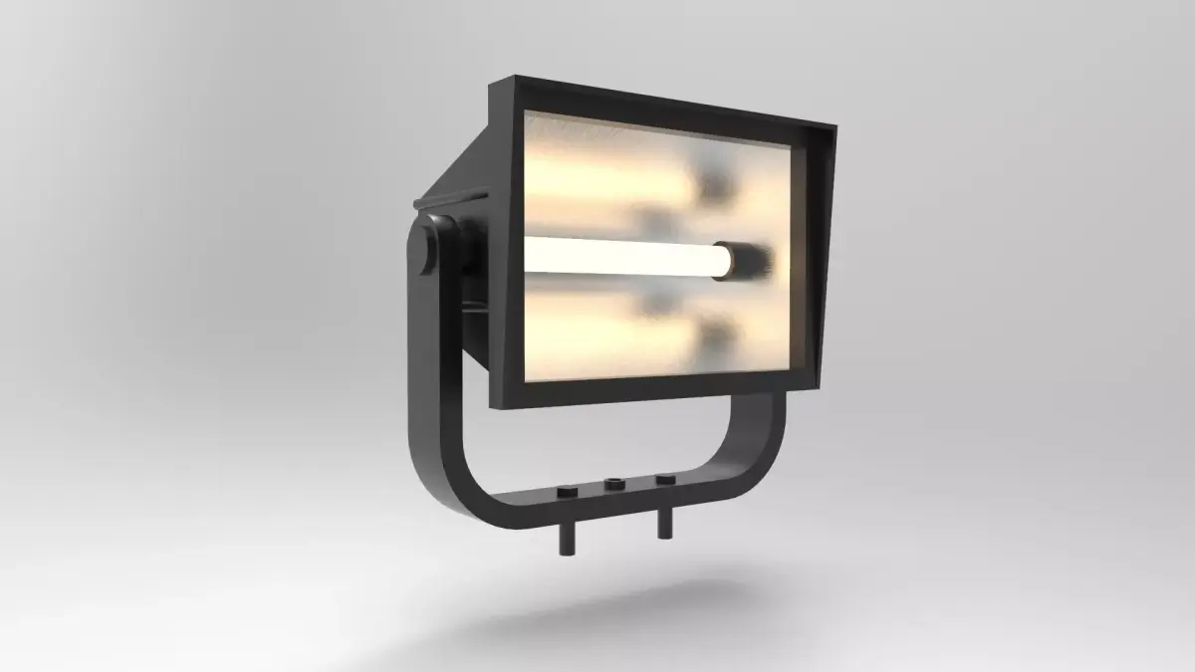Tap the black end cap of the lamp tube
(x=748, y=259)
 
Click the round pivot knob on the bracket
(x=431, y=250)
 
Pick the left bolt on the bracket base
(x=567, y=493)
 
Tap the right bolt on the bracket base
(x=664, y=479)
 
